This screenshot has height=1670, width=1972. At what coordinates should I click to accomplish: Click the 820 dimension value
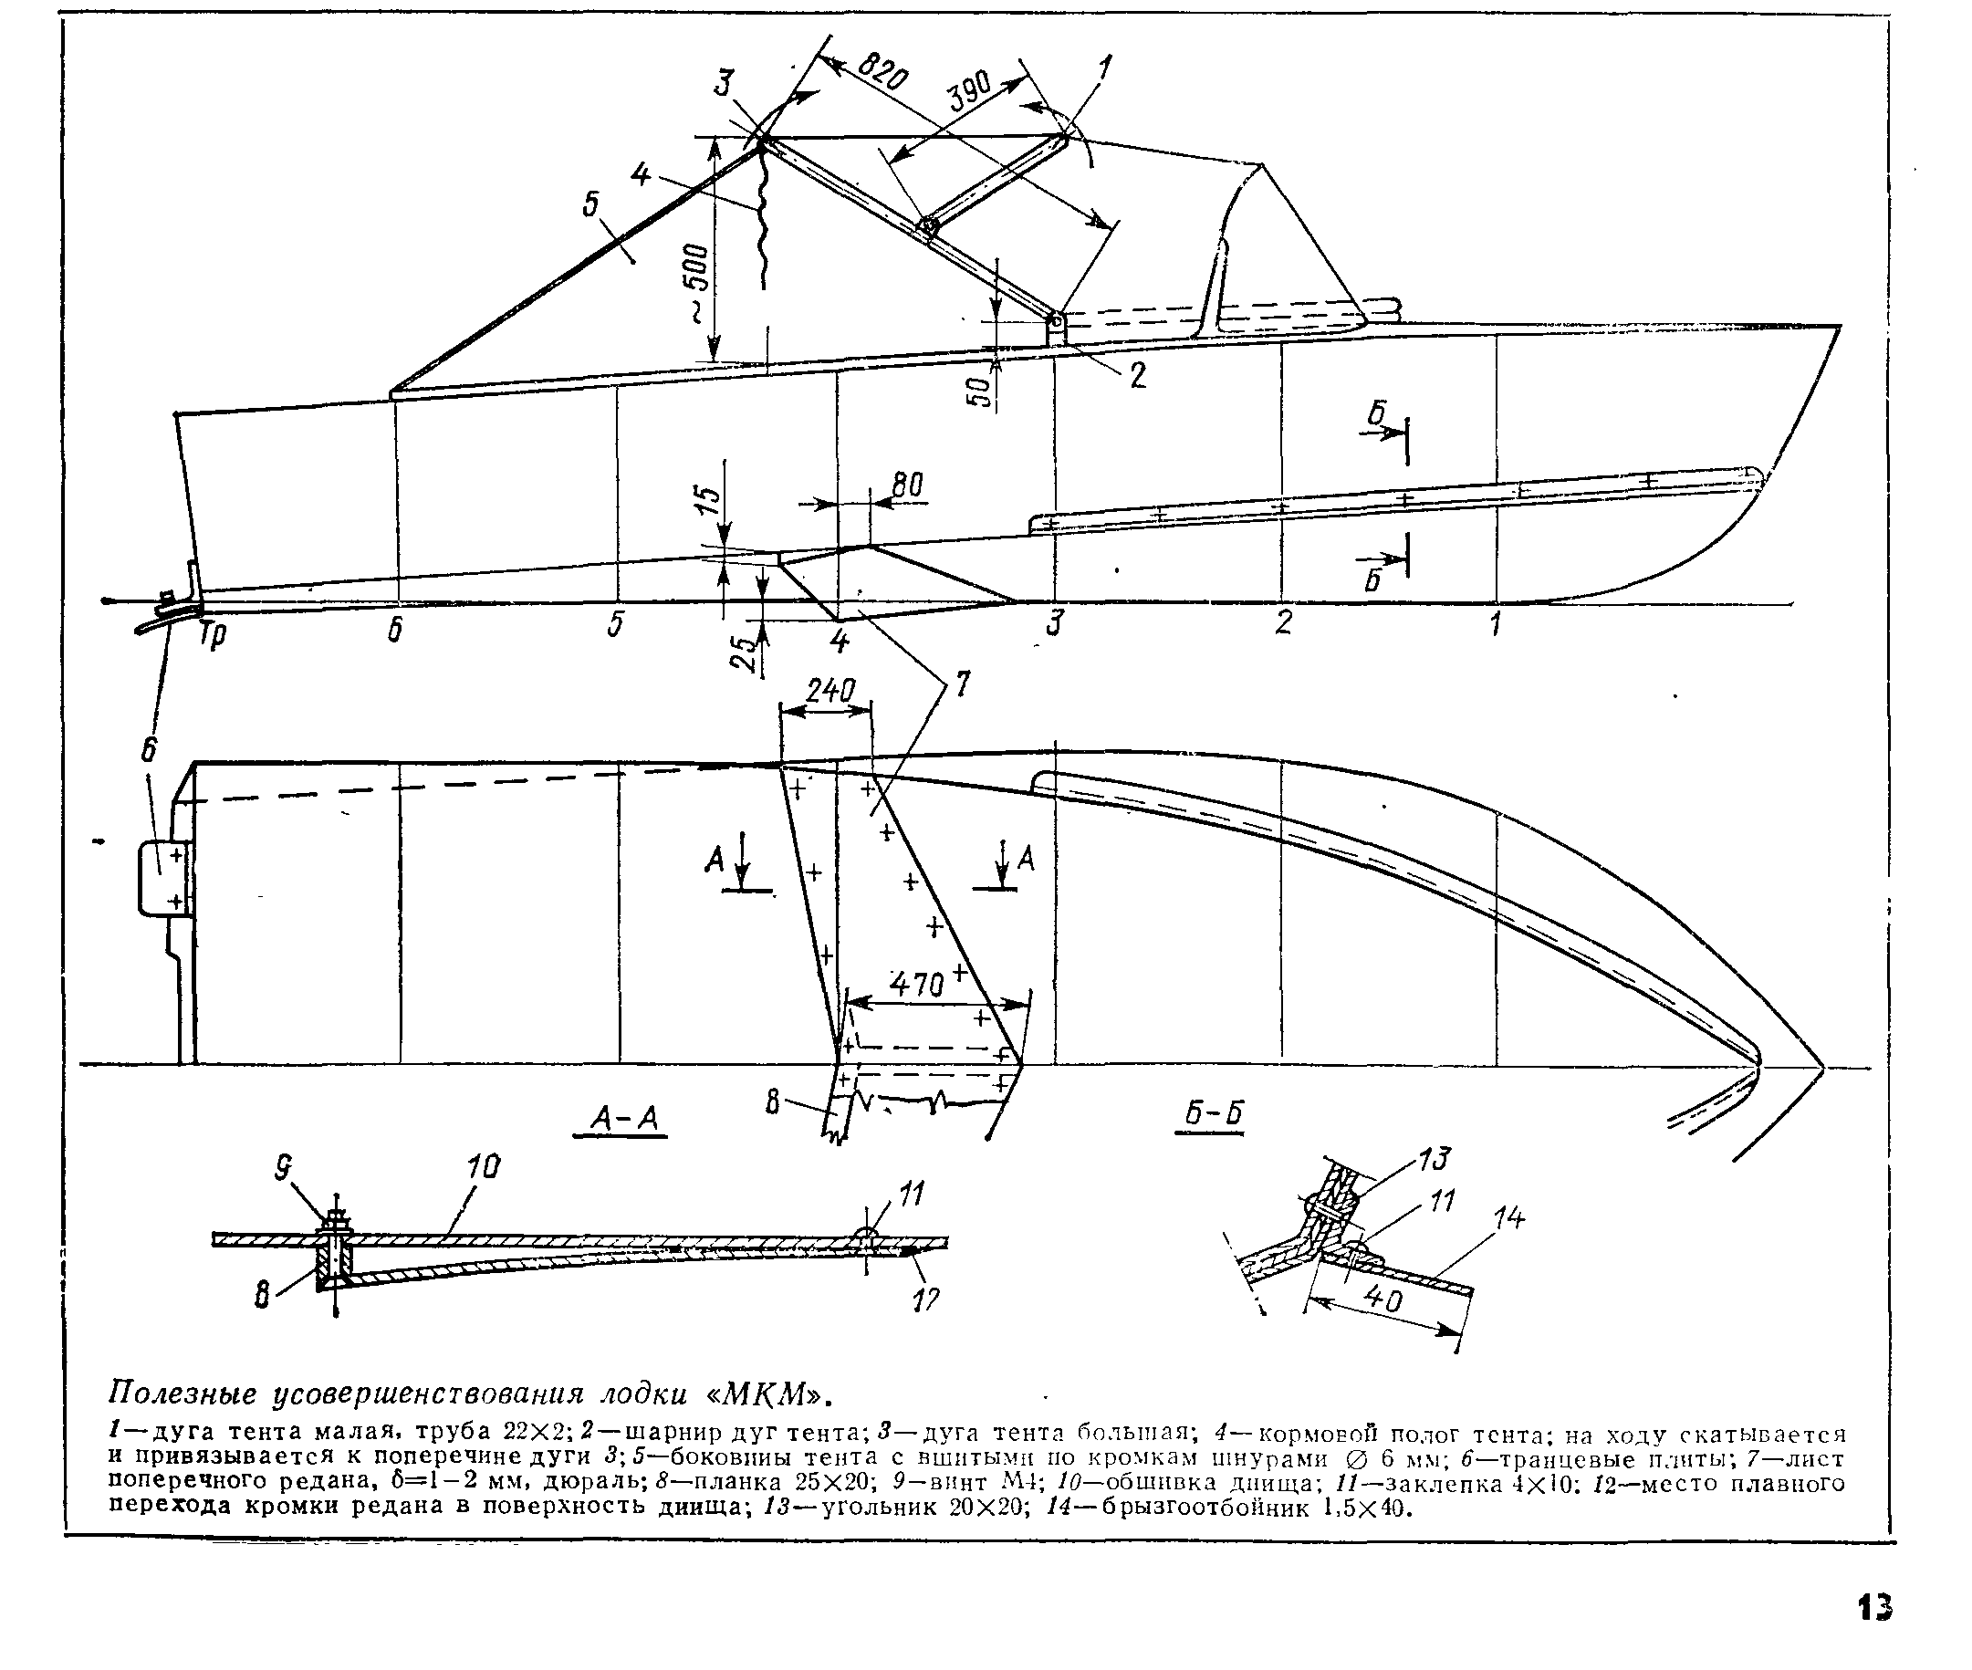click(x=882, y=73)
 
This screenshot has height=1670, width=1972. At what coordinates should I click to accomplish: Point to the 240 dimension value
click(x=830, y=690)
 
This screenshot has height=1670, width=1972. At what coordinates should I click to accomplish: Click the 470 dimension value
click(x=916, y=986)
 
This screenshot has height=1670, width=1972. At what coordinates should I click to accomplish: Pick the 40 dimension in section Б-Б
click(x=1384, y=1299)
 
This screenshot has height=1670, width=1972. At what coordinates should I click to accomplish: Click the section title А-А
click(x=623, y=1119)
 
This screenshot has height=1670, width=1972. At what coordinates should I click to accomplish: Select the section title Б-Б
click(x=1214, y=1114)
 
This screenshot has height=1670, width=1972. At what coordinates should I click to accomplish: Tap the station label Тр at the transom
click(x=213, y=634)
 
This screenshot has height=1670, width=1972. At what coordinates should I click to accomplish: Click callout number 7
click(x=962, y=684)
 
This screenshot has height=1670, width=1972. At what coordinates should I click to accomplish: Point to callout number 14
click(x=1509, y=1217)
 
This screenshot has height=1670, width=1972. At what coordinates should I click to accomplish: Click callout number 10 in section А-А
click(x=483, y=1167)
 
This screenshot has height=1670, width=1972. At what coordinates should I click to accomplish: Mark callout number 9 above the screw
click(x=283, y=1170)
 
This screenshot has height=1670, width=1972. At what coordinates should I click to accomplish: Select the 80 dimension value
click(x=907, y=485)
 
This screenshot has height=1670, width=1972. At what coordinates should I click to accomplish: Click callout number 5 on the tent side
click(x=591, y=204)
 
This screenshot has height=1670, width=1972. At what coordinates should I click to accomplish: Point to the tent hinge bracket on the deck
click(x=1057, y=329)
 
